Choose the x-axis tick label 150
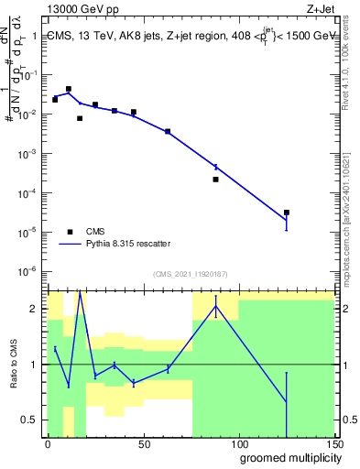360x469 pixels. pyautogui.click(x=333, y=444)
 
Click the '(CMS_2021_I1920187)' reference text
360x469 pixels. pyautogui.click(x=191, y=273)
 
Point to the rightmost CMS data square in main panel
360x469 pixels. pyautogui.click(x=287, y=213)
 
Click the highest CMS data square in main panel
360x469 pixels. pyautogui.click(x=69, y=89)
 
